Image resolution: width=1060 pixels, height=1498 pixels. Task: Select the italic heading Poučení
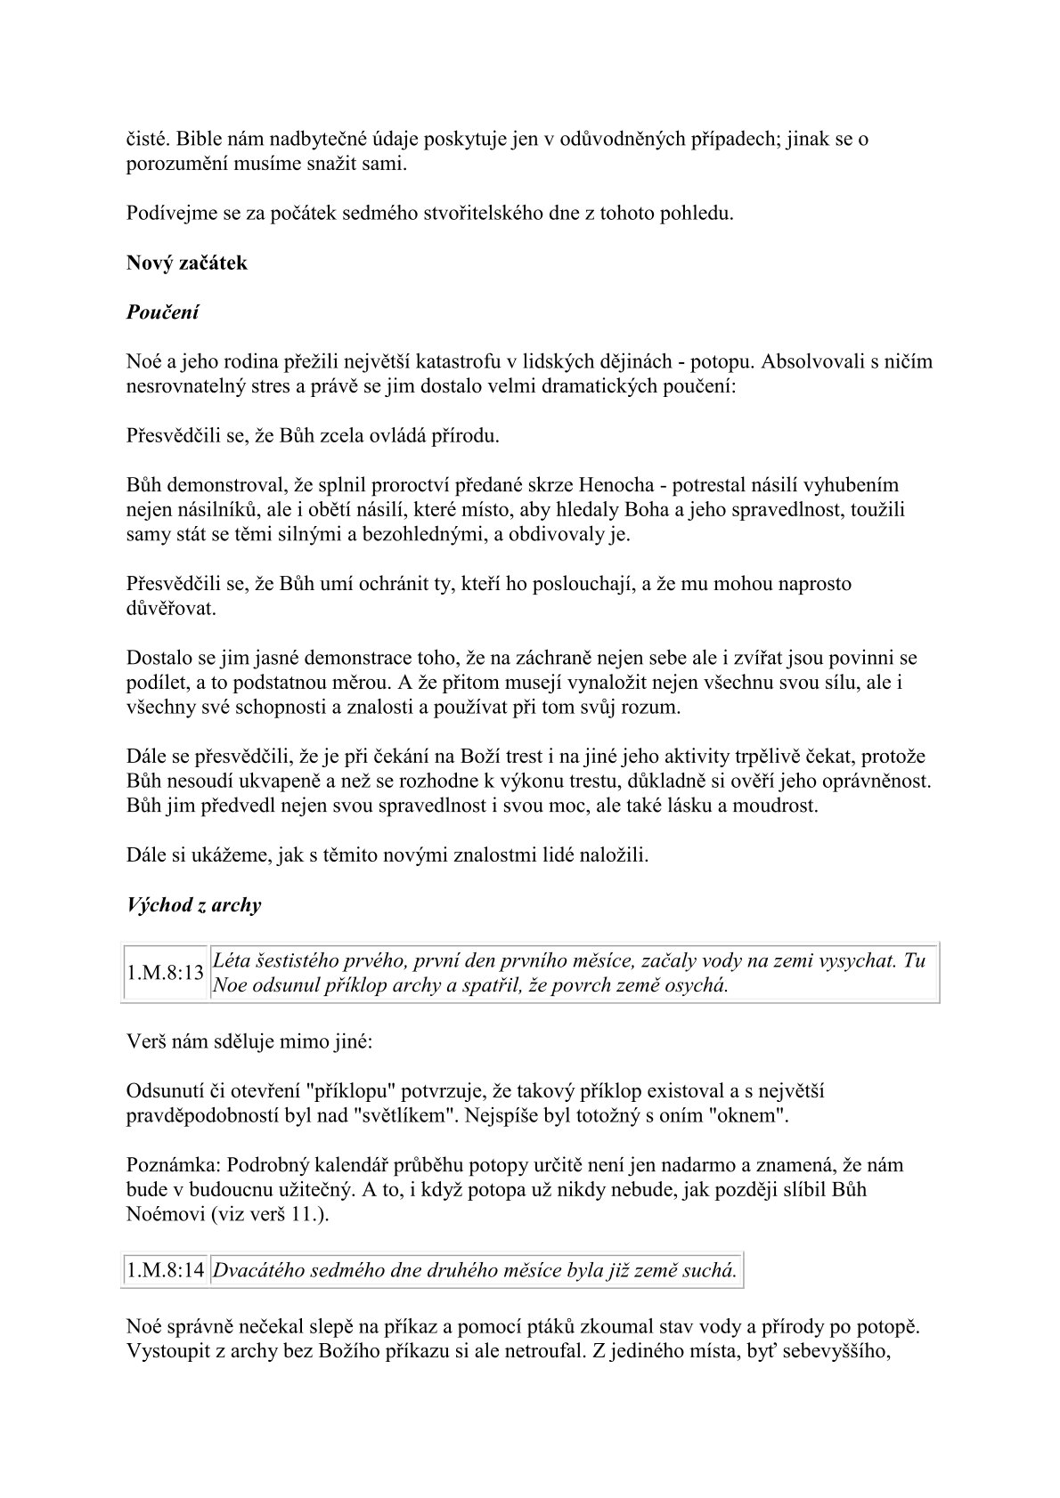[163, 312]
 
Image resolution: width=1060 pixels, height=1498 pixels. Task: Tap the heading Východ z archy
[194, 905]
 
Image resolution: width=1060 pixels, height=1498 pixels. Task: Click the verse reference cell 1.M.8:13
[166, 973]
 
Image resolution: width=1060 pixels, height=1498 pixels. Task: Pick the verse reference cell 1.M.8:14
[166, 1270]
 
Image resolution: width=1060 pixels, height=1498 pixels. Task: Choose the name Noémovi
[167, 1214]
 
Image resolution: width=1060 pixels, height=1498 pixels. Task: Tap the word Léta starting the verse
[232, 961]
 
